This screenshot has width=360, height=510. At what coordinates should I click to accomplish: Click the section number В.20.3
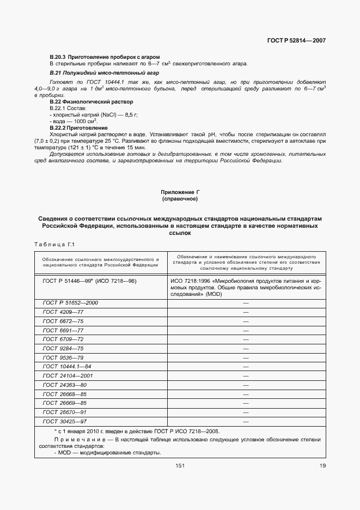(57, 57)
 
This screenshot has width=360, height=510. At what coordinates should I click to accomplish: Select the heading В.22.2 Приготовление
(78, 127)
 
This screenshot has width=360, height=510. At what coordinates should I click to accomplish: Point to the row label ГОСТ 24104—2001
(68, 376)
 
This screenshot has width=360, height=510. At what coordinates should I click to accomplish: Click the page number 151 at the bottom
(180, 465)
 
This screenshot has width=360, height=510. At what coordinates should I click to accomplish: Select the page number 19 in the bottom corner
(322, 465)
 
